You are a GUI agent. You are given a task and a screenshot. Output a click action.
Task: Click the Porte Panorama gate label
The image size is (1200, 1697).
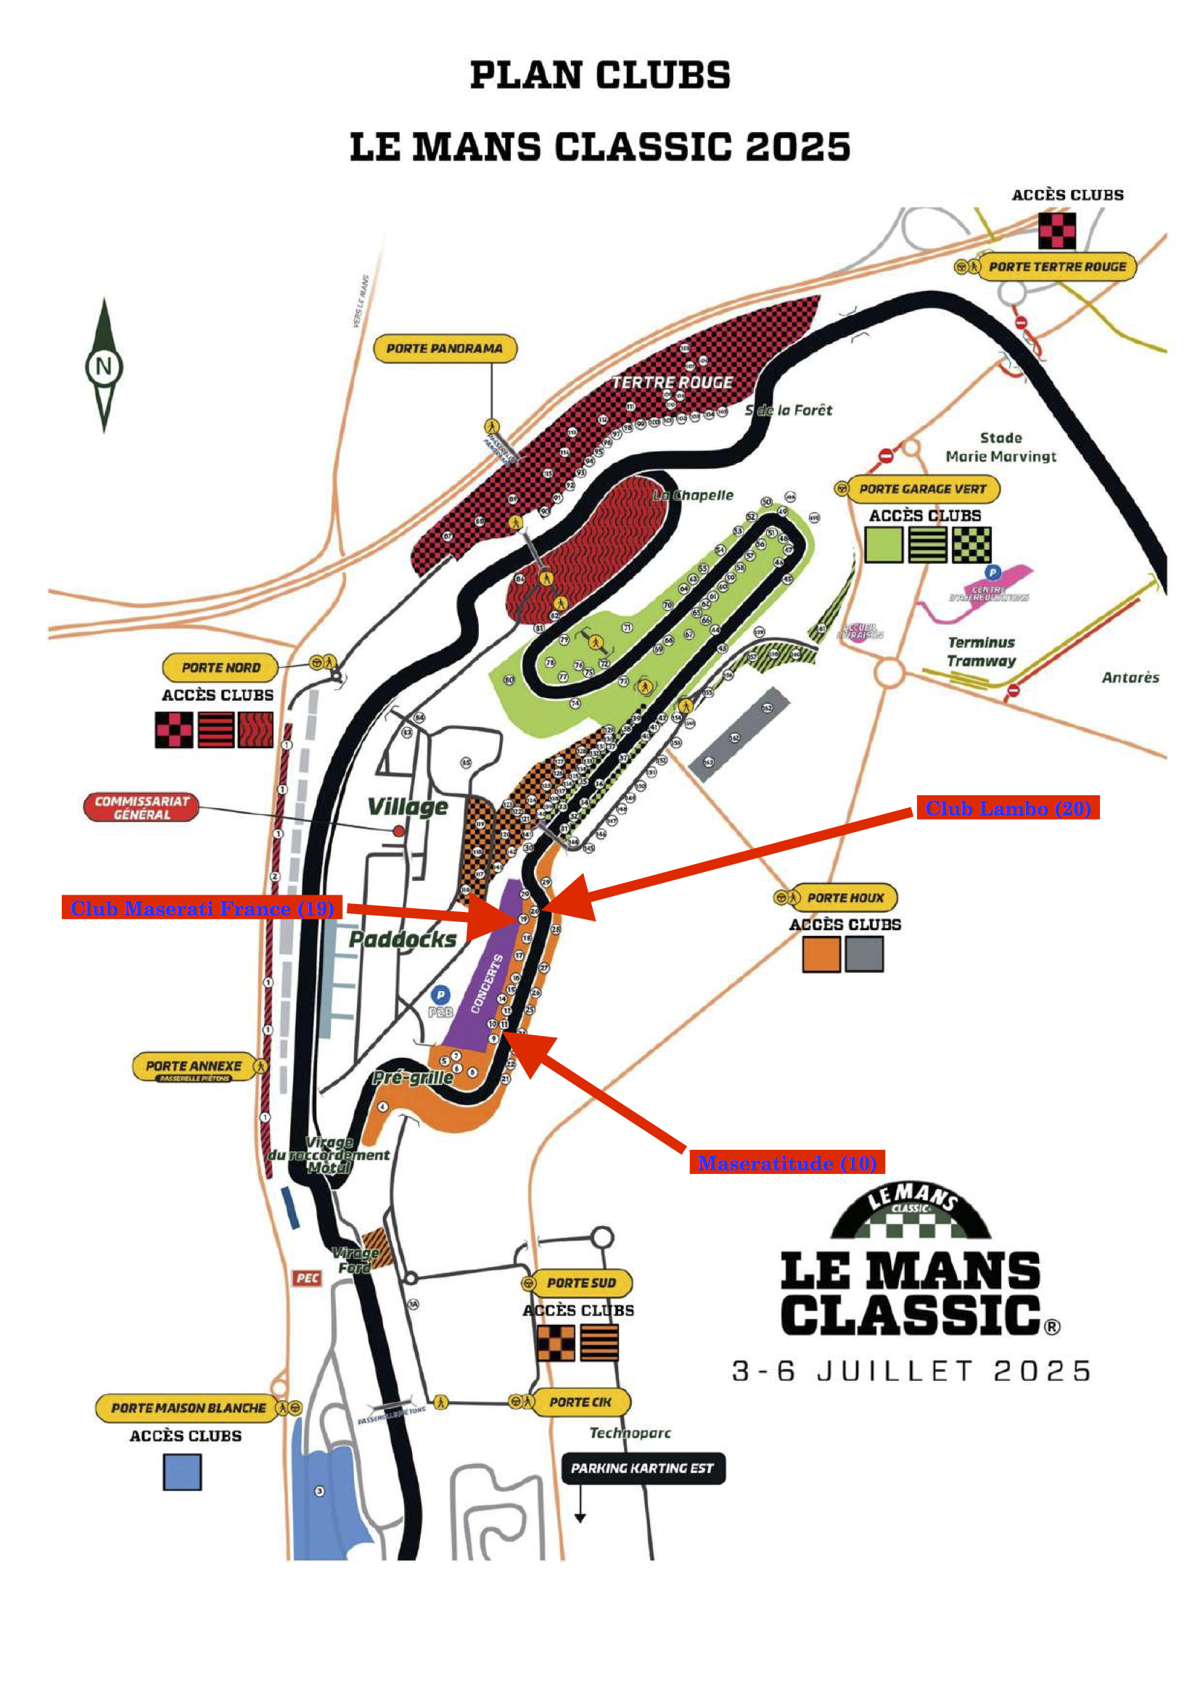click(x=444, y=348)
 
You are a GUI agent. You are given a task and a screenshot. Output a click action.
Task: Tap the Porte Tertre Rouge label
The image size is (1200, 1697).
click(x=1056, y=267)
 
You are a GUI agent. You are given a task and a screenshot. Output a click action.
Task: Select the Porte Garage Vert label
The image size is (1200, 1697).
click(x=922, y=488)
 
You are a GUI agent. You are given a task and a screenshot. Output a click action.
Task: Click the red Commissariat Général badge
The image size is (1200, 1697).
click(x=141, y=807)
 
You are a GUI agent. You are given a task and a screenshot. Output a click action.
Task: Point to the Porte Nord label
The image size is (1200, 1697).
click(x=221, y=667)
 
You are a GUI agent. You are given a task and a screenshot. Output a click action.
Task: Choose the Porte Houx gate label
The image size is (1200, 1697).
click(x=844, y=897)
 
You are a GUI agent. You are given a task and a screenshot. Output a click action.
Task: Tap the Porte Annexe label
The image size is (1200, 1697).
click(x=194, y=1067)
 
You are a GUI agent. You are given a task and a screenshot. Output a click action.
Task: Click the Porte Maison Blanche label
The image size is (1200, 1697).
click(x=189, y=1408)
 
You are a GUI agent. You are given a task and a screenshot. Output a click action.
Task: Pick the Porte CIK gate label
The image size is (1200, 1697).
click(x=580, y=1402)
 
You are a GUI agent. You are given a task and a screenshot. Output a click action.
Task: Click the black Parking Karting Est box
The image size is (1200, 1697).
click(x=642, y=1468)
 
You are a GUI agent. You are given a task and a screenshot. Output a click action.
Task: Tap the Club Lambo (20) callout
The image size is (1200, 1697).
click(x=1007, y=808)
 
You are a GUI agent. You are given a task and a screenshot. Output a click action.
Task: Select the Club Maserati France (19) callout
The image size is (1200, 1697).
click(x=202, y=908)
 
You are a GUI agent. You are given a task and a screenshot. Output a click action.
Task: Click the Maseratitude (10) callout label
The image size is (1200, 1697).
click(x=786, y=1162)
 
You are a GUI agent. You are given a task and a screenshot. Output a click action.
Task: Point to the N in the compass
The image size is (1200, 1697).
click(x=104, y=366)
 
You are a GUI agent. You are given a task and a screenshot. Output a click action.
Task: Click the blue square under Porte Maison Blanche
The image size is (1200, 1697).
click(x=182, y=1471)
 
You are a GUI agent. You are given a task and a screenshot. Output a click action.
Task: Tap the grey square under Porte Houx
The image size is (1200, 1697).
click(x=864, y=953)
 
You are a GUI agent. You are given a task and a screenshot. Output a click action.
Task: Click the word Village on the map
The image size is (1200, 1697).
click(x=408, y=806)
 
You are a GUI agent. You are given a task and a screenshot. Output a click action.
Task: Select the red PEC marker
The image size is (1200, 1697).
click(x=308, y=1278)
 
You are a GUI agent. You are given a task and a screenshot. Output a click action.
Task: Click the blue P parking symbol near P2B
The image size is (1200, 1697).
click(x=440, y=994)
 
